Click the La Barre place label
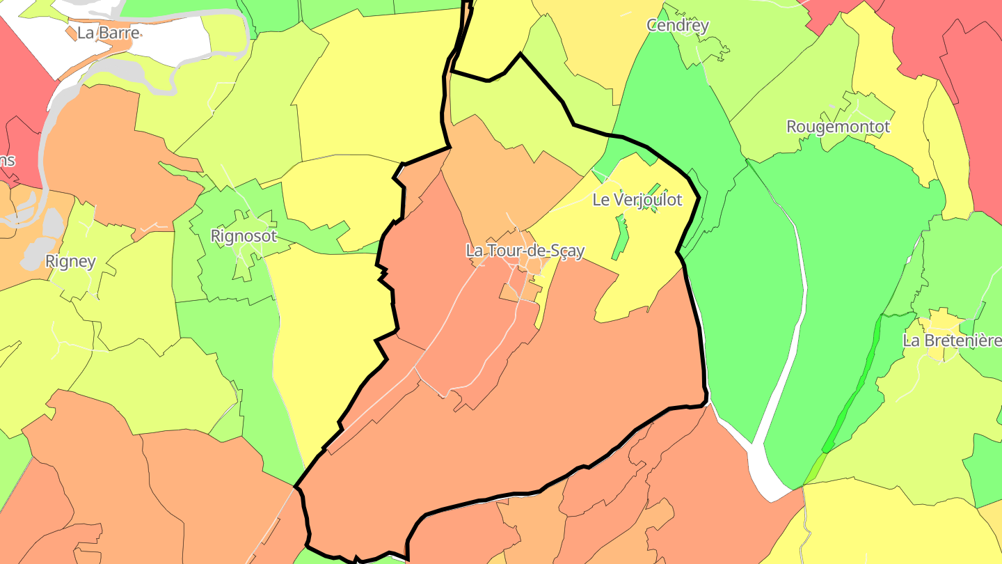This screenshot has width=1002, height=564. pyautogui.click(x=108, y=33)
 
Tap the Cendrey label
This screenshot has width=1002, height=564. pyautogui.click(x=677, y=25)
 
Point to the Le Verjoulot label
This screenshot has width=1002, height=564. pyautogui.click(x=637, y=200)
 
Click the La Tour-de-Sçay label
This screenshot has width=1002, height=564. pyautogui.click(x=525, y=251)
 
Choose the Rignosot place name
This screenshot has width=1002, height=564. pyautogui.click(x=244, y=236)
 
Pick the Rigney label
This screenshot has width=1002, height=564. pyautogui.click(x=70, y=262)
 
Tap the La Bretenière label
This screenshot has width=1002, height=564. pyautogui.click(x=951, y=340)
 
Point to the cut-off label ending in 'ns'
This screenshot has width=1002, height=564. pyautogui.click(x=7, y=160)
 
